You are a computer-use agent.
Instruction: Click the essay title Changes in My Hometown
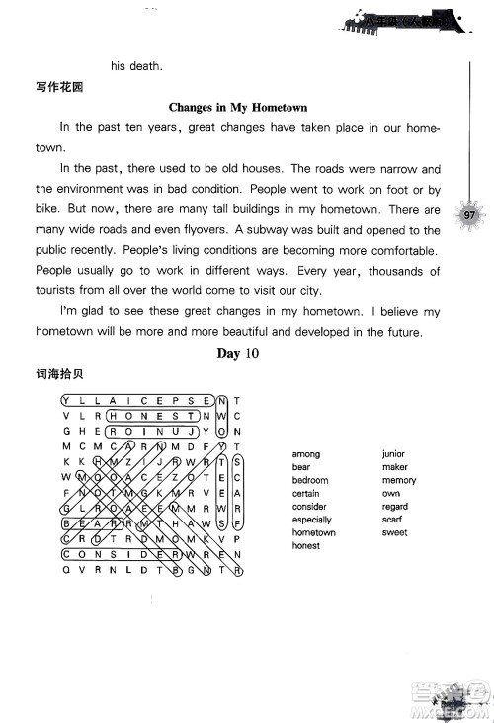tap(238, 107)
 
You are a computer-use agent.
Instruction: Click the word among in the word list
tap(305, 454)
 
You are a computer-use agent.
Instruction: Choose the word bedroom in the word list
tap(310, 480)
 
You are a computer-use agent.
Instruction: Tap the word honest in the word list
tap(306, 545)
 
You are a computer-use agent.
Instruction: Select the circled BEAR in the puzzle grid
tap(90, 523)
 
